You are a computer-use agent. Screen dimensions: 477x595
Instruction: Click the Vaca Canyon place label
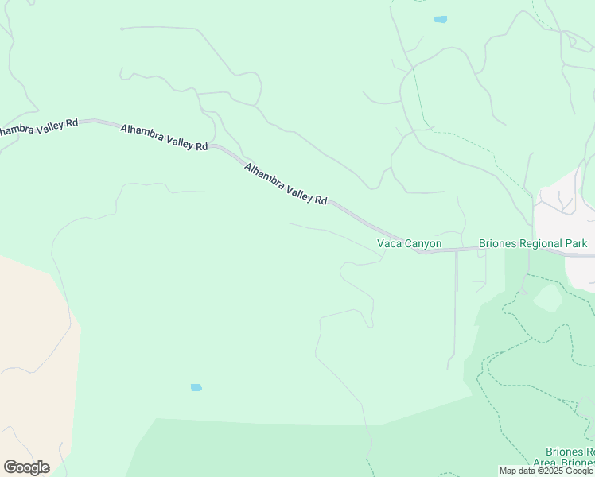click(409, 243)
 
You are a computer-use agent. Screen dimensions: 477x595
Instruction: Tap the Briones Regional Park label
click(533, 243)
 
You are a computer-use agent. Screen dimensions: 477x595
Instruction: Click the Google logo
click(26, 467)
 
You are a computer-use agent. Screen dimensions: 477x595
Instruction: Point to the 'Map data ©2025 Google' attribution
click(546, 471)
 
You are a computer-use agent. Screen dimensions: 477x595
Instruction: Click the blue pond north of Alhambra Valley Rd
click(440, 19)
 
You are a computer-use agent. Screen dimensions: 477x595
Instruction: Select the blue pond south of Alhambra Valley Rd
click(196, 387)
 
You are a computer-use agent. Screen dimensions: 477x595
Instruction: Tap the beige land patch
click(32, 358)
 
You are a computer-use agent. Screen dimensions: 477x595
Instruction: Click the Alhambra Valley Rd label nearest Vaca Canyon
click(286, 184)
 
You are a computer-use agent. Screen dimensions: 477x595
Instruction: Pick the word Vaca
click(389, 243)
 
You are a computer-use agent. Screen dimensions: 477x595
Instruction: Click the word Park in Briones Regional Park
click(576, 243)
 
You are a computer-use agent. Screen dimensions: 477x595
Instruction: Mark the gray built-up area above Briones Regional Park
click(565, 215)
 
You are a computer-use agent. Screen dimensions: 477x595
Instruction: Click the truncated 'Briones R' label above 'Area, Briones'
click(570, 452)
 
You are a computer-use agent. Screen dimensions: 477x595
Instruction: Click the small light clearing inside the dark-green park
click(547, 298)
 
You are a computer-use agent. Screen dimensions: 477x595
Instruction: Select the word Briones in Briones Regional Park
click(498, 243)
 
